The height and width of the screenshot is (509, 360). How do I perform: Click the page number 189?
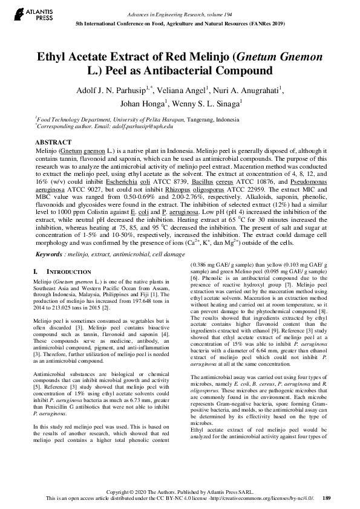coord(327,499)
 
